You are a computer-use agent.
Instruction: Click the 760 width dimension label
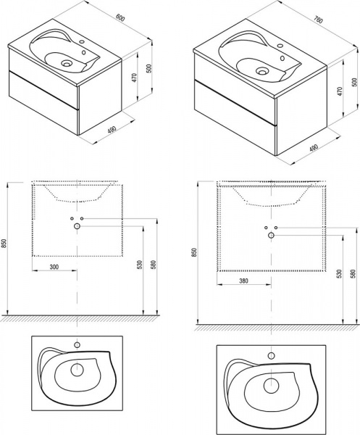[x=319, y=20]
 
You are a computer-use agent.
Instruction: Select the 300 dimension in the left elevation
[x=54, y=267]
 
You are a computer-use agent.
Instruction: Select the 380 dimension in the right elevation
[x=243, y=281]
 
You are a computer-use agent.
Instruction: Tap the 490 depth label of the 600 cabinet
[x=112, y=129]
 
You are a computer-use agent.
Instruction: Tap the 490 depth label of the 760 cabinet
[x=314, y=148]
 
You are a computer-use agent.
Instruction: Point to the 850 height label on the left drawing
[x=3, y=244]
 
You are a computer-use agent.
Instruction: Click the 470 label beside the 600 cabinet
[x=134, y=78]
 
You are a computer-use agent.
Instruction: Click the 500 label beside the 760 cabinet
[x=353, y=82]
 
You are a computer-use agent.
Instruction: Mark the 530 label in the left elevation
[x=140, y=265]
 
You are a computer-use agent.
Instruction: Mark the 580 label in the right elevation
[x=353, y=273]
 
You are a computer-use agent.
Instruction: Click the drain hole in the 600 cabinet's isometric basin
[x=67, y=64]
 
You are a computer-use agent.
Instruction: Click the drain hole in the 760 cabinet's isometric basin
[x=261, y=71]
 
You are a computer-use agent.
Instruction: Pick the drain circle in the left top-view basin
[x=77, y=370]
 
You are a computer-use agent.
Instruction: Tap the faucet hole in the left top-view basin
[x=77, y=345]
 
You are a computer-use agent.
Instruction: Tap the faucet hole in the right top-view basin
[x=272, y=356]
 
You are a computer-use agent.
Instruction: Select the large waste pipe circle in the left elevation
[x=77, y=226]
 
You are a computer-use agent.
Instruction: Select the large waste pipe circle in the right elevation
[x=271, y=236]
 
